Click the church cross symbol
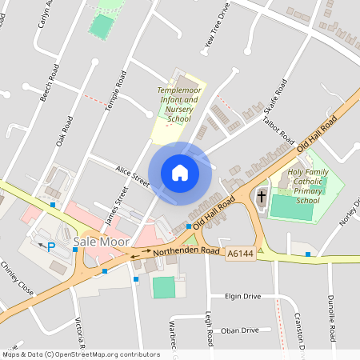pyautogui.click(x=262, y=197)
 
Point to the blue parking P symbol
pyautogui.click(x=51, y=247)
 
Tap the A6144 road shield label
pyautogui.click(x=239, y=253)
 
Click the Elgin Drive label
pyautogui.click(x=242, y=296)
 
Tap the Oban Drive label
pyautogui.click(x=240, y=330)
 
